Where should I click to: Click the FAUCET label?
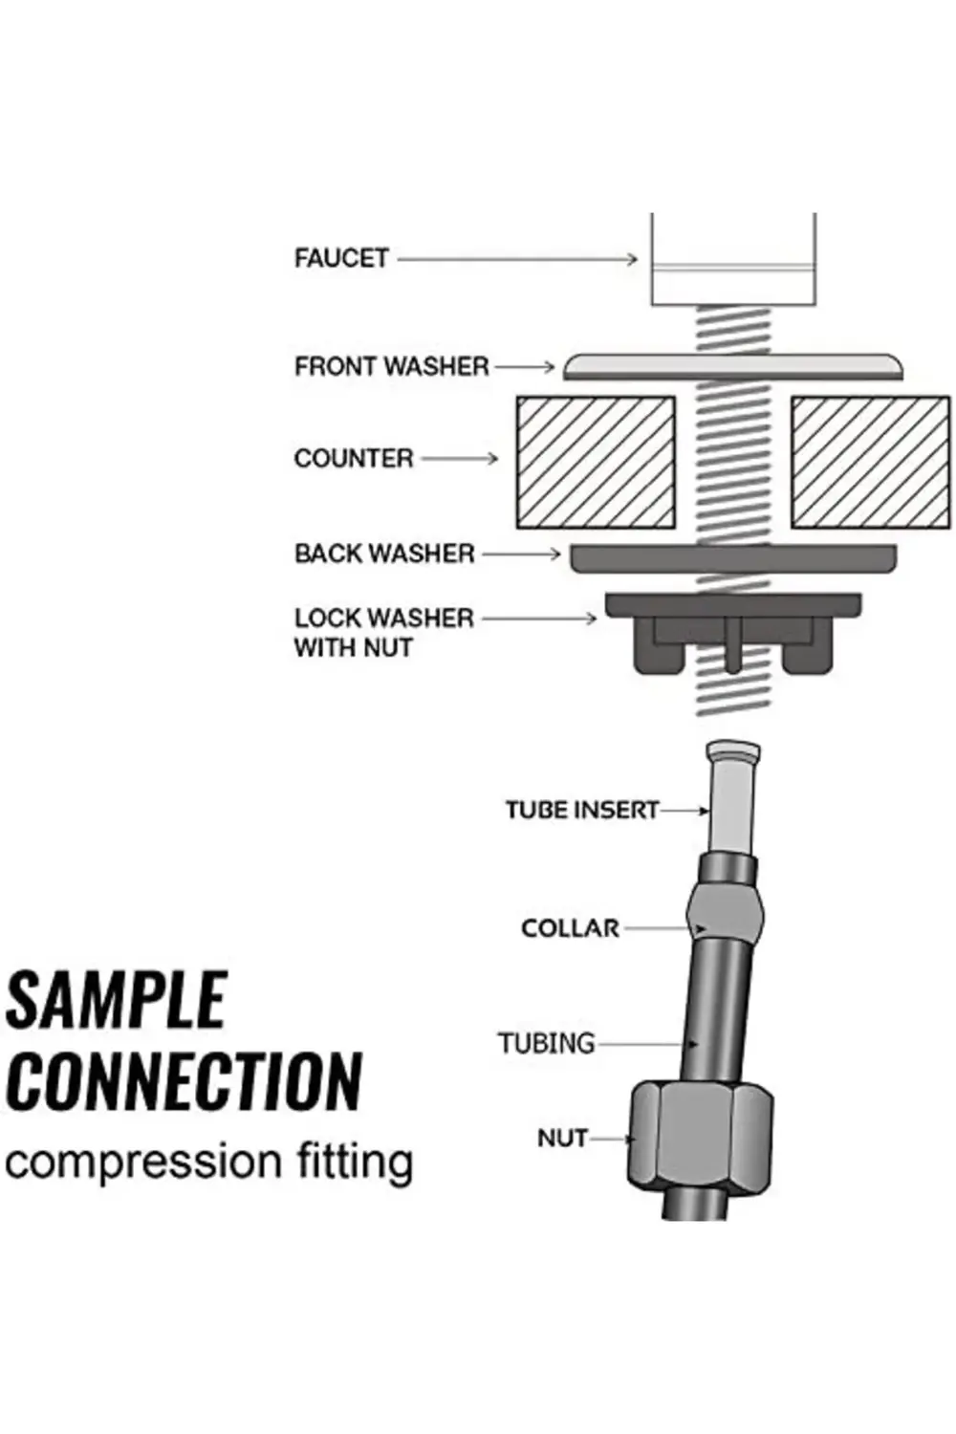coord(341,258)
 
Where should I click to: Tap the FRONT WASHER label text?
coord(391,366)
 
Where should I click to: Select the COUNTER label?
coord(354,459)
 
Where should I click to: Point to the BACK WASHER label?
coord(384,554)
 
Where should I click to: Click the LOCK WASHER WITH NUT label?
coord(383,633)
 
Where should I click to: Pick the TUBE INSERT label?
coord(581,811)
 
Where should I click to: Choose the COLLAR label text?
coord(571,928)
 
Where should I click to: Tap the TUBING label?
coord(546,1043)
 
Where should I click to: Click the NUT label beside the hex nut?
coord(562,1139)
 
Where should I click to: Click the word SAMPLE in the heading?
coord(116,1000)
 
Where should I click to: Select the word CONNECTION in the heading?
coord(184,1081)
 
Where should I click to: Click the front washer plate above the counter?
coord(732,366)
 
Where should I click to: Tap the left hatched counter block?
coord(596,462)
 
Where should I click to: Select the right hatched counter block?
coord(870,462)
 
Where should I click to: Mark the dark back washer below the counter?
coord(733,558)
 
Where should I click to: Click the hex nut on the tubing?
coord(701,1139)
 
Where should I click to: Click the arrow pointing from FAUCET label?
coord(516,258)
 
